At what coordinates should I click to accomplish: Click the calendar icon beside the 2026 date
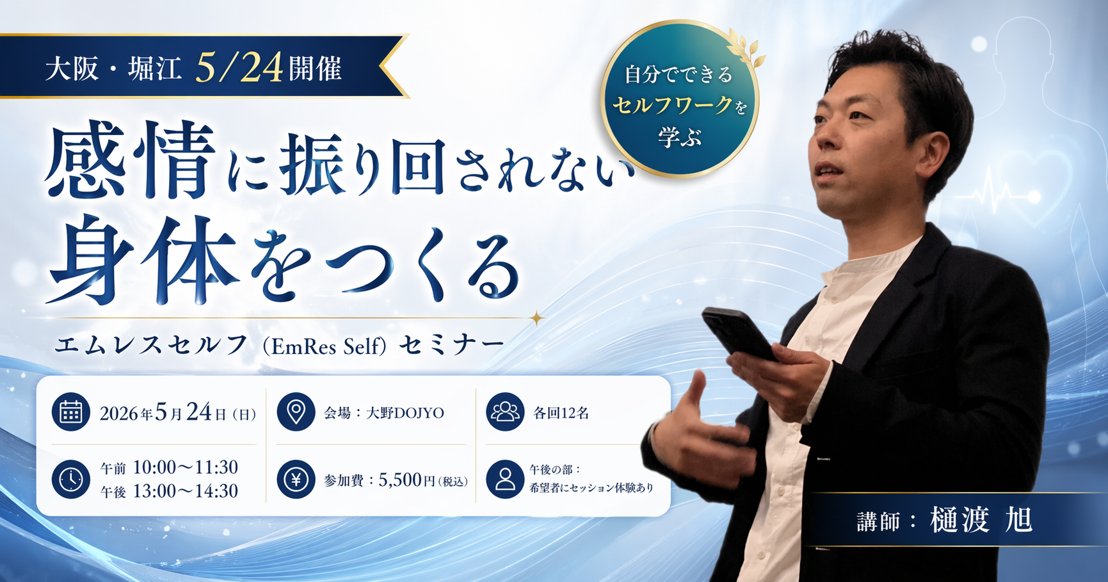(x=70, y=412)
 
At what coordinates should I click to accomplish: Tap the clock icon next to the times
(x=70, y=479)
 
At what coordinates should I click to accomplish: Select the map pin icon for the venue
(x=296, y=412)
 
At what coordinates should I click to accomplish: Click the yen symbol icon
(x=296, y=479)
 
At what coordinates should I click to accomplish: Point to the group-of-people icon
(x=505, y=412)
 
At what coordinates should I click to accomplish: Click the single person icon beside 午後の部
(x=505, y=479)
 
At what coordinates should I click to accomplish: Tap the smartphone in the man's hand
(x=738, y=333)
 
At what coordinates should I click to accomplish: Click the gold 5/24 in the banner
(x=239, y=68)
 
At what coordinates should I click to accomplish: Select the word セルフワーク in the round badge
(x=672, y=105)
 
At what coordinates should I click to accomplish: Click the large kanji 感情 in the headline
(x=129, y=160)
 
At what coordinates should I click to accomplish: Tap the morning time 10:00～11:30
(x=186, y=467)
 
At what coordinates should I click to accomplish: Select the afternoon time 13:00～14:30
(x=186, y=491)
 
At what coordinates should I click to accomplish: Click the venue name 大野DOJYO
(x=405, y=413)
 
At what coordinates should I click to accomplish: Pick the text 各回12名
(x=561, y=413)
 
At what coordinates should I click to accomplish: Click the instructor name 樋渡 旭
(x=981, y=519)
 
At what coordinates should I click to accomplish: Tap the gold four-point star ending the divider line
(x=536, y=318)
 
